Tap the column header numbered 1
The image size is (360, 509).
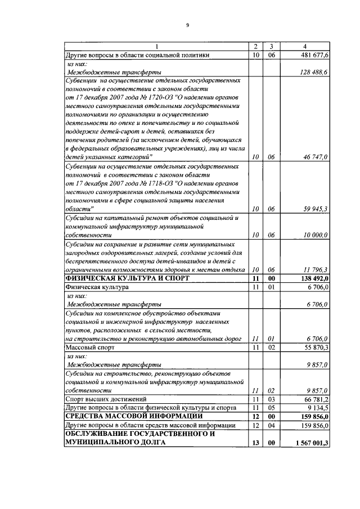pos(156,46)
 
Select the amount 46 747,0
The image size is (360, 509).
pos(318,157)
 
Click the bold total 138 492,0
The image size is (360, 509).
pos(316,278)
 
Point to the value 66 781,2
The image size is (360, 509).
pos(318,399)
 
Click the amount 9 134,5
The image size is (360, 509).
pos(320,407)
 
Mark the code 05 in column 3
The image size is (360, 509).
pos(271,407)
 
